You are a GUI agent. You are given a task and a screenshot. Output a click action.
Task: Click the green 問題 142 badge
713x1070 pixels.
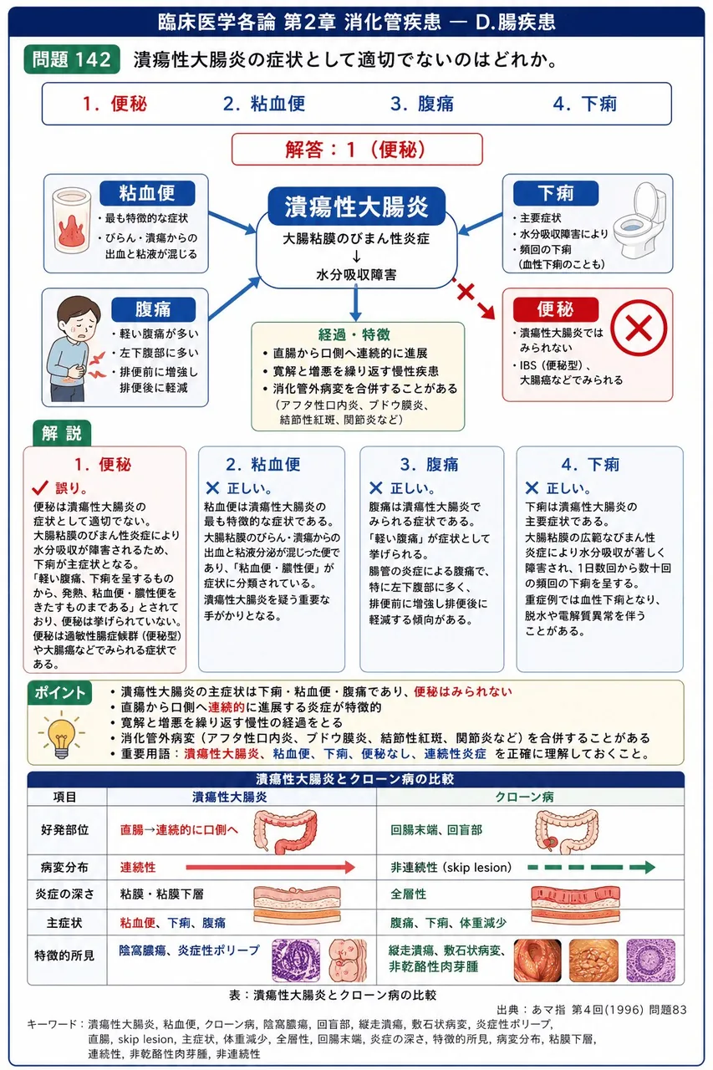(x=72, y=59)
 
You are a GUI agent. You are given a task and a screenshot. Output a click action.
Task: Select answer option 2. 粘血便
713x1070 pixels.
(x=264, y=104)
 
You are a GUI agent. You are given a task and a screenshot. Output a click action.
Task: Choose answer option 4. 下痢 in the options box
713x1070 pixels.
(x=584, y=104)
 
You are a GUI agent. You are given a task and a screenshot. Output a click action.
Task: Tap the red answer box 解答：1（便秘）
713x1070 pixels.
(x=357, y=150)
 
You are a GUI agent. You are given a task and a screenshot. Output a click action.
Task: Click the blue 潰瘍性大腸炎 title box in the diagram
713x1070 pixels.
(x=356, y=206)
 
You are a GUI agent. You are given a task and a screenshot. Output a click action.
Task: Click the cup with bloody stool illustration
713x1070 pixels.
(x=72, y=220)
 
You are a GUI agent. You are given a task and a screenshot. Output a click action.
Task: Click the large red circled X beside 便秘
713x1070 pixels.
(x=639, y=328)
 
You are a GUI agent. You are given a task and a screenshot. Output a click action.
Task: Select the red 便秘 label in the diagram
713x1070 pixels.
(x=555, y=309)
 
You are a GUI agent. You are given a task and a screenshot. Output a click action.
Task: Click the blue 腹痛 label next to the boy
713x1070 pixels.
(x=153, y=309)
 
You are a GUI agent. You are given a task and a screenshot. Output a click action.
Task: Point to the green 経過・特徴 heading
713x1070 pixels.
(x=354, y=334)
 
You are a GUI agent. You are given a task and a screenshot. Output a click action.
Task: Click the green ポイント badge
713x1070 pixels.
(x=59, y=693)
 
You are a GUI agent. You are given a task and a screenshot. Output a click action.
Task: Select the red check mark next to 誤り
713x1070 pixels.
(x=40, y=487)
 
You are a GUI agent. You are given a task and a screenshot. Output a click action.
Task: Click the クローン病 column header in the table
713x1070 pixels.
(x=524, y=797)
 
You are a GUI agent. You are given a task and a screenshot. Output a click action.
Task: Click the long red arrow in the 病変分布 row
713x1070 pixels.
(x=270, y=867)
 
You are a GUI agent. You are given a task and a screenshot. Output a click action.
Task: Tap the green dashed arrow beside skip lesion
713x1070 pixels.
(x=591, y=867)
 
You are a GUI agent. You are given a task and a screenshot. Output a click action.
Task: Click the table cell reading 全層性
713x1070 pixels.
(x=408, y=894)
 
